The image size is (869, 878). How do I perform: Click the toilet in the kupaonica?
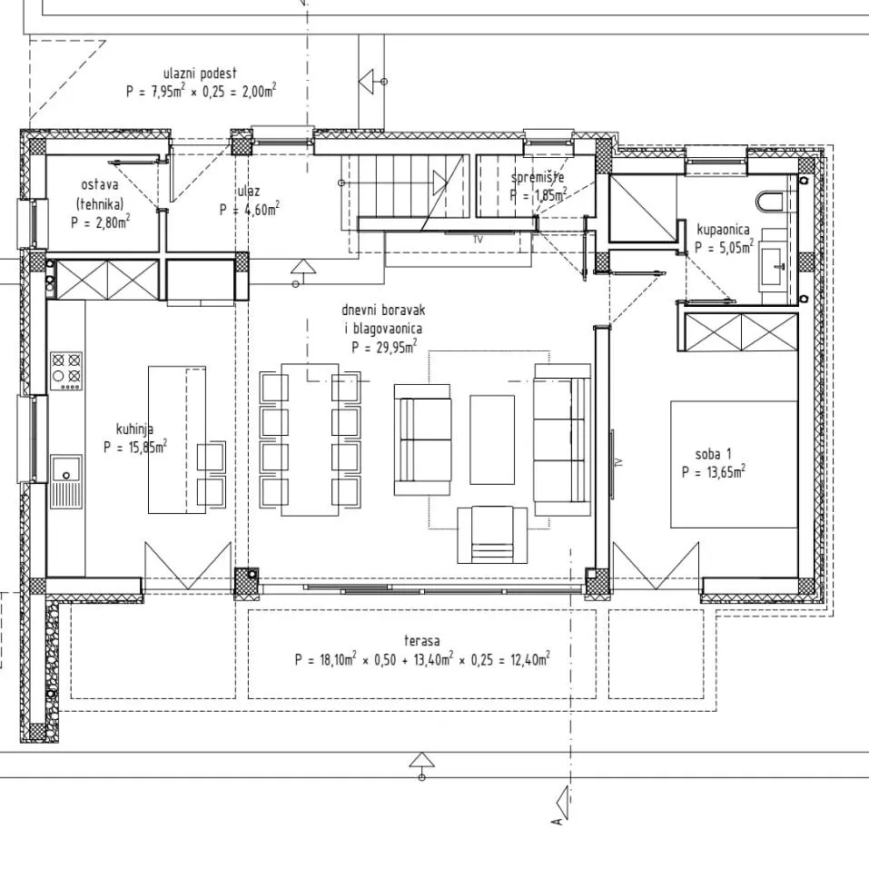coord(770,202)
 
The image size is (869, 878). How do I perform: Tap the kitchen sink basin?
coord(66,469)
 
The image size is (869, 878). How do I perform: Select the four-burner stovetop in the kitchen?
coord(66,370)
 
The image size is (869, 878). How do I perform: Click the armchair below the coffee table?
coord(492,535)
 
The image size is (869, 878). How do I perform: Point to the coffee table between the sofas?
coord(492,439)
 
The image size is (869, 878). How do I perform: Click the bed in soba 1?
coord(734,464)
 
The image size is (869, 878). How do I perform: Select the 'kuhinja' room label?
coord(135,429)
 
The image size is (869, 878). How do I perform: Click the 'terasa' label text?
coord(421,640)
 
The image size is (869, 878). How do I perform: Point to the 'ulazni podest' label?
coord(200,74)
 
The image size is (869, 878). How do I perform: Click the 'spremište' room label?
coord(538,177)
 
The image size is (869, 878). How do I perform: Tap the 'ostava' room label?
coord(100,184)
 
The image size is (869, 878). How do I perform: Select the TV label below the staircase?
coord(479,240)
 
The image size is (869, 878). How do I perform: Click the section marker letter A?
coord(557,822)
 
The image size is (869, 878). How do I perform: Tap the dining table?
coord(310,439)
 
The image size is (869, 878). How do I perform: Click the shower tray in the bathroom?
coord(644,208)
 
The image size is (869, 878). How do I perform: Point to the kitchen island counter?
coord(177,439)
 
